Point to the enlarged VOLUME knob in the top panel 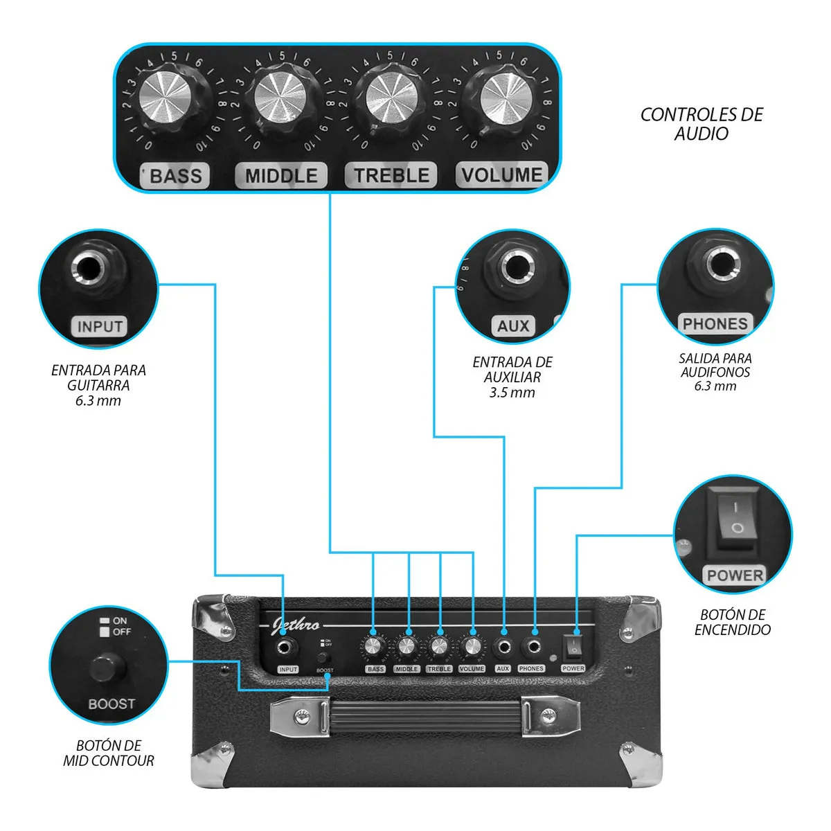(x=504, y=96)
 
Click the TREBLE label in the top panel (x=391, y=175)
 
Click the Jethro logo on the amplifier (x=296, y=625)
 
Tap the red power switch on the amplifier (x=573, y=647)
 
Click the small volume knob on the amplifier (x=472, y=647)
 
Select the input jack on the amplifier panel (x=287, y=647)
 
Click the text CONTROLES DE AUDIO (x=701, y=124)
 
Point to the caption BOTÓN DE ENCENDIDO (x=732, y=622)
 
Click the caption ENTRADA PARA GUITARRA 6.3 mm (x=98, y=385)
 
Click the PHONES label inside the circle (x=715, y=323)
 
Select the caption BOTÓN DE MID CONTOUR (x=109, y=753)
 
